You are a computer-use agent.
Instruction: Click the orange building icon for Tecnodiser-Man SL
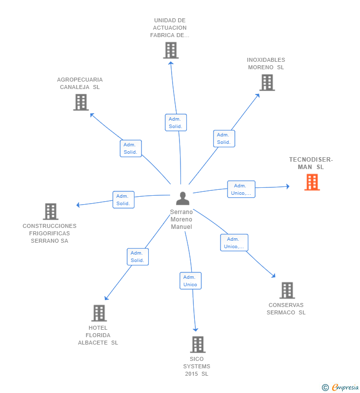[312, 182]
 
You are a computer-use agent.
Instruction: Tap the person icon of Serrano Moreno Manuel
[182, 198]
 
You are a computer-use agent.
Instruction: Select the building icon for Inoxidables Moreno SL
[267, 83]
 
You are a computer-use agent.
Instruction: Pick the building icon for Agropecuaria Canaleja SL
[81, 102]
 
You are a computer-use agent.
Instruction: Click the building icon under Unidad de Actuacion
[171, 50]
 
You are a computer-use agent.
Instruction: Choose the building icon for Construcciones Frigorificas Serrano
[50, 212]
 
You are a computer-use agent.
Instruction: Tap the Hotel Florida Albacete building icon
[99, 313]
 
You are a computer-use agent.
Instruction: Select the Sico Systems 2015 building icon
[197, 344]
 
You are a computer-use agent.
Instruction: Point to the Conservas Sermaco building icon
[287, 290]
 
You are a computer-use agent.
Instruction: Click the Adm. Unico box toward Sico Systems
[190, 281]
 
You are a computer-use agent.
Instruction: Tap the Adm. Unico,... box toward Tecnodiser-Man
[241, 189]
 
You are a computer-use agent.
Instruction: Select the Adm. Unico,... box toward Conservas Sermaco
[234, 243]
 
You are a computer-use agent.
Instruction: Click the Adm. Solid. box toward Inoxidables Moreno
[224, 138]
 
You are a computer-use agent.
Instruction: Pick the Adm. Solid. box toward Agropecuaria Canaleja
[131, 148]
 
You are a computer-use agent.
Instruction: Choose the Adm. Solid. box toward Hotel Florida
[137, 257]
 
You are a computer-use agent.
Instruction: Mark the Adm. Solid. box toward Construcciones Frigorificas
[123, 200]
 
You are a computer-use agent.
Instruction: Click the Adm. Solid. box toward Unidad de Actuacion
[176, 123]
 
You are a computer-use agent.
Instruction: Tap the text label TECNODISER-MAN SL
[311, 163]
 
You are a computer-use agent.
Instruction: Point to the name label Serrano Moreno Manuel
[181, 219]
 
